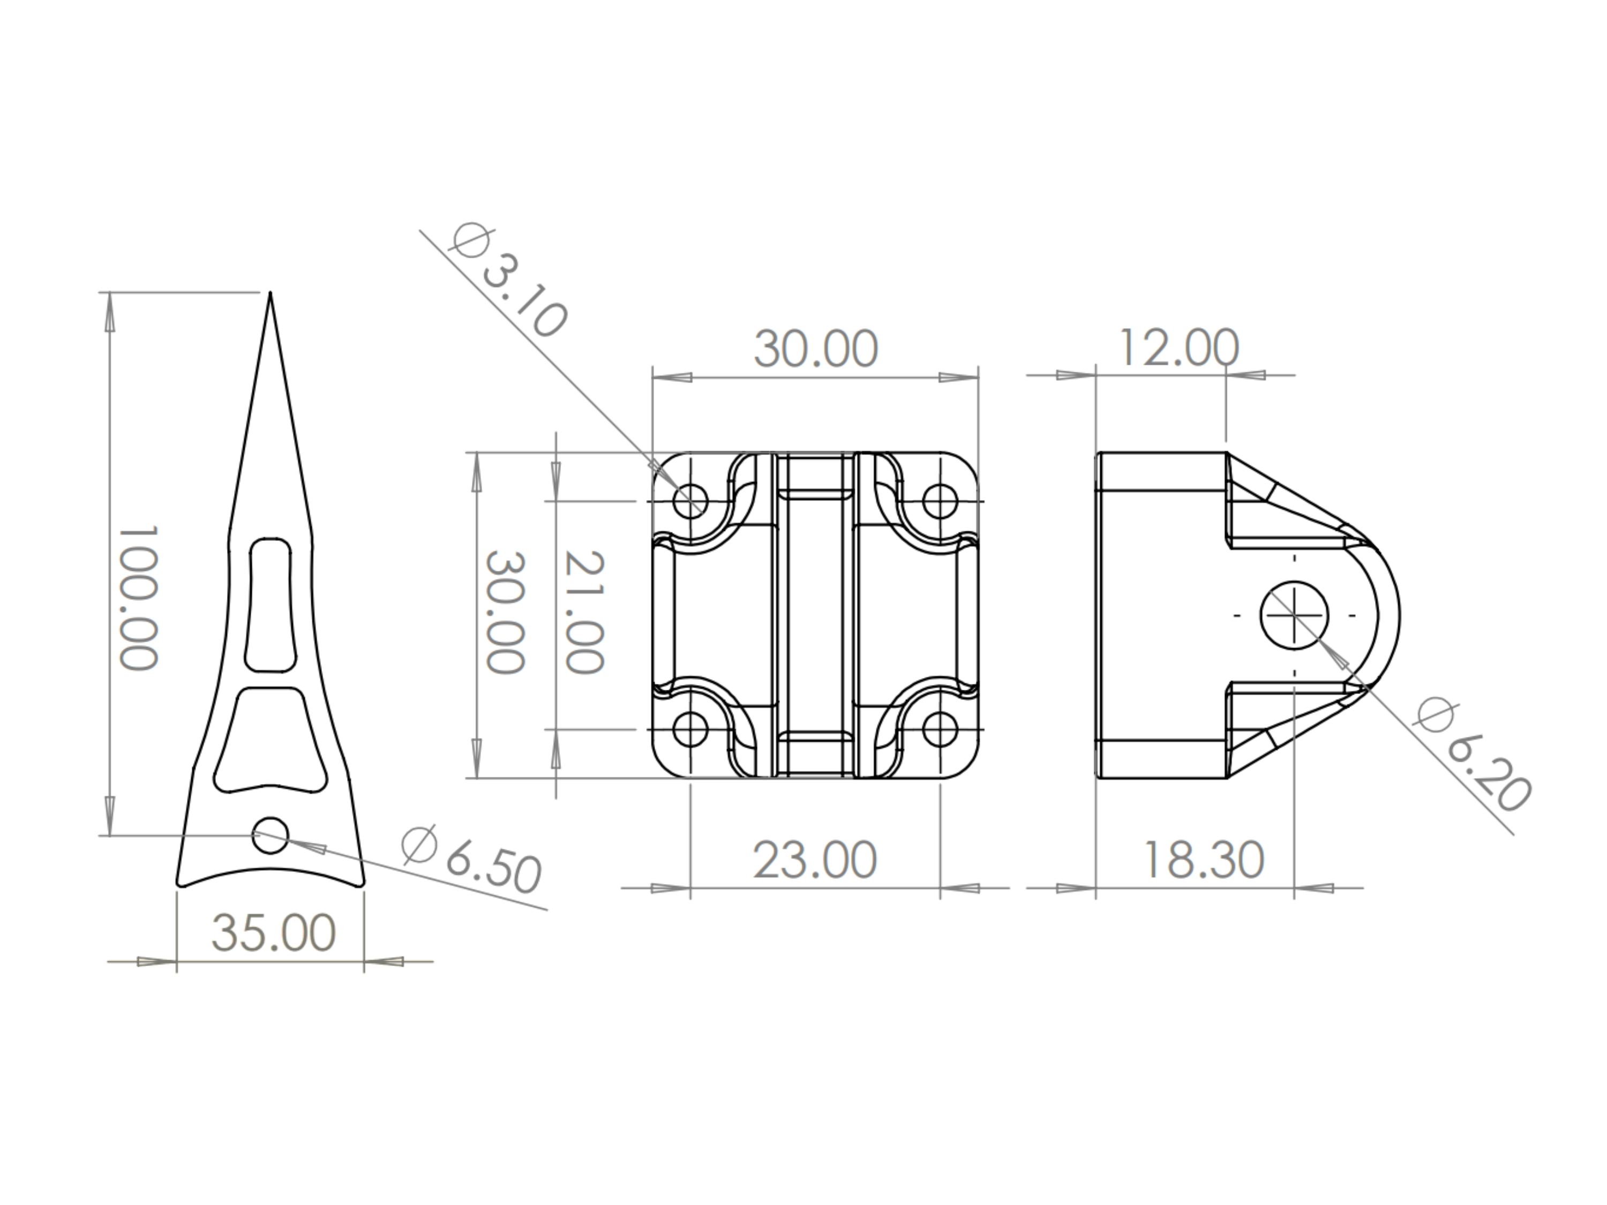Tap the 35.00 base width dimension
(273, 932)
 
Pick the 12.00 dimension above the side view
(1178, 348)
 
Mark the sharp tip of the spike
(271, 293)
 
